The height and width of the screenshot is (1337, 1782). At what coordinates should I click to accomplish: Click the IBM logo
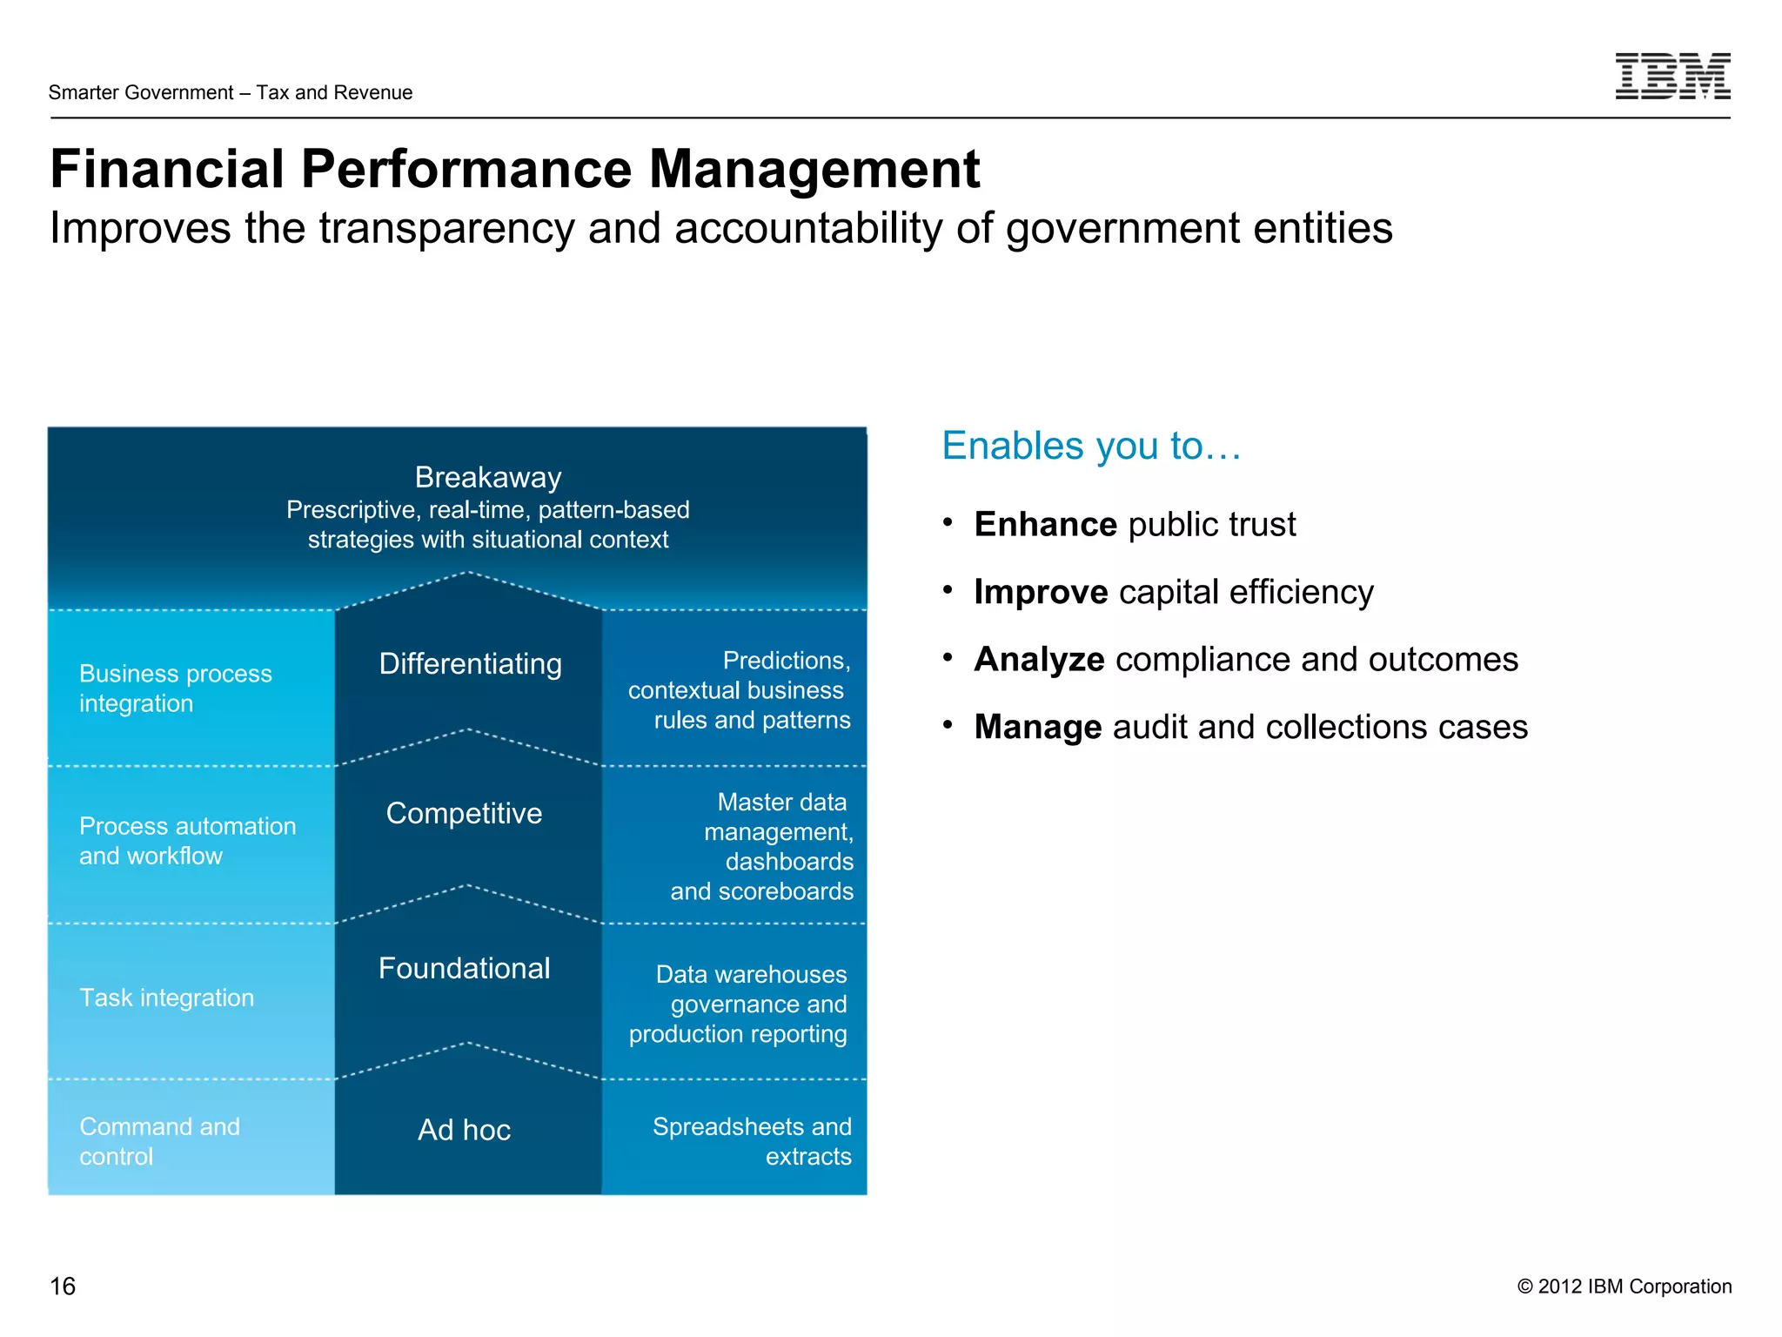coord(1671,76)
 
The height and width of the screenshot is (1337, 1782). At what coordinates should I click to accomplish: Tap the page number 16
coord(63,1286)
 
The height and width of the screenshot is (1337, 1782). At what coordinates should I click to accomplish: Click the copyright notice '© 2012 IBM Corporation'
coord(1624,1287)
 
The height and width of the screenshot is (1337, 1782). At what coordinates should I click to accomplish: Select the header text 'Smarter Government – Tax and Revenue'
coord(231,92)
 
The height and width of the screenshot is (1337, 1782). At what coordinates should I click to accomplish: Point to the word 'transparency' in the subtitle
coord(446,228)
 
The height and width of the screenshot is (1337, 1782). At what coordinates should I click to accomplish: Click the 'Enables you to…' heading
coord(1091,446)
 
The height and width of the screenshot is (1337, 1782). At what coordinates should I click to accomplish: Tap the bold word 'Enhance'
coord(1045,524)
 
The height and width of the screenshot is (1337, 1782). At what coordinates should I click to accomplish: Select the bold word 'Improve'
coord(1041,592)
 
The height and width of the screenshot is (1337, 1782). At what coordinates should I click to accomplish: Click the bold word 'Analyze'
coord(1039,659)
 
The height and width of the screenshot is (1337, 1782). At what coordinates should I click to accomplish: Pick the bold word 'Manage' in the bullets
coord(1038,727)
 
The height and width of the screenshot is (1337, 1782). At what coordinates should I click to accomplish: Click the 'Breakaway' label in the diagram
coord(488,477)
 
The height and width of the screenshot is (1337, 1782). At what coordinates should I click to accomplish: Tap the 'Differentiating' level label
coord(471,663)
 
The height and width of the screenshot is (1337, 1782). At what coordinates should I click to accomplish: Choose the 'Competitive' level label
coord(464,813)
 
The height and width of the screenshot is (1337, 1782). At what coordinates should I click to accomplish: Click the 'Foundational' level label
coord(464,968)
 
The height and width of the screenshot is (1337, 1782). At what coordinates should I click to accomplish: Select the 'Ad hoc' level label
coord(464,1130)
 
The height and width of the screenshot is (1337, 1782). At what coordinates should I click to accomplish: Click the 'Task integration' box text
coord(167,998)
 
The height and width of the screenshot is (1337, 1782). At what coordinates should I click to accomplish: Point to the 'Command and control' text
coord(159,1141)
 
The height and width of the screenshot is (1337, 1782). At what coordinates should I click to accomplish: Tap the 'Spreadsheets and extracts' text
coord(752,1141)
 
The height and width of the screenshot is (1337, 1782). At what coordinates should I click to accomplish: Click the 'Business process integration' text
coord(175,689)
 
